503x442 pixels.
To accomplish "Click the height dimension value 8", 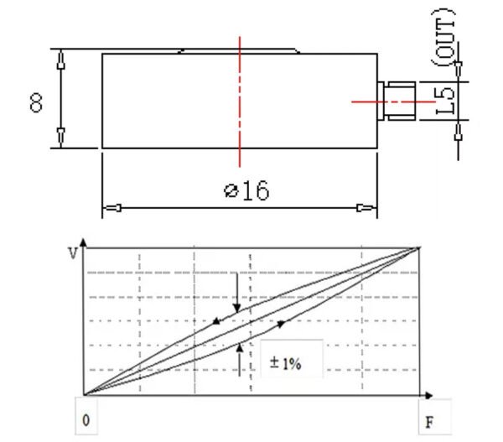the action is click(x=36, y=102).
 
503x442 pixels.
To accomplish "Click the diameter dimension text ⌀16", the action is click(x=246, y=190).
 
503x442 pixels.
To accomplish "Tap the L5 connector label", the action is click(x=445, y=101).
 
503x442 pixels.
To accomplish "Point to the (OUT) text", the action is click(x=443, y=38).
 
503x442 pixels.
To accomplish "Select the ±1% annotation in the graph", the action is click(x=286, y=363).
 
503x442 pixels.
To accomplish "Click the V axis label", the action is click(x=73, y=253).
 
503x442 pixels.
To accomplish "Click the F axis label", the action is click(x=429, y=422).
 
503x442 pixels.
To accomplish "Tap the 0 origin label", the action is click(x=86, y=420).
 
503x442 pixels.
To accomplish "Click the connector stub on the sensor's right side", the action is click(x=397, y=101).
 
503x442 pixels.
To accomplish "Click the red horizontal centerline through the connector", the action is click(x=393, y=101).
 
